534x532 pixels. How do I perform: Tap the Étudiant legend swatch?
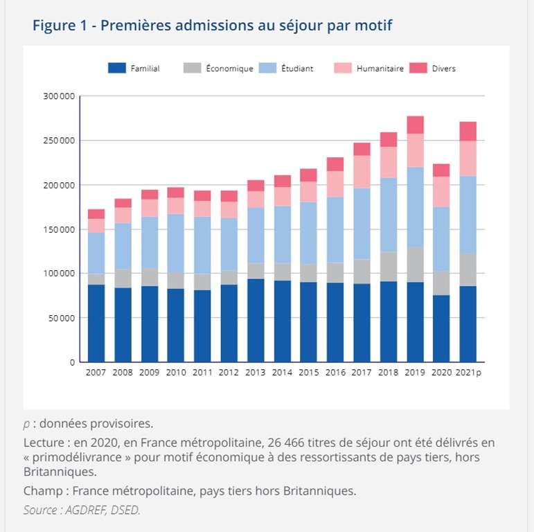pyautogui.click(x=268, y=69)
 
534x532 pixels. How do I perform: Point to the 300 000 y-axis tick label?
pyautogui.click(x=58, y=96)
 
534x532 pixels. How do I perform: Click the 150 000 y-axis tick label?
pyautogui.click(x=58, y=229)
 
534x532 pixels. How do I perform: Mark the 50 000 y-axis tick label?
pyautogui.click(x=61, y=318)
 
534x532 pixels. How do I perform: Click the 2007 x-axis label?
pyautogui.click(x=96, y=372)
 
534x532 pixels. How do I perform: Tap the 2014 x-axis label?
pyautogui.click(x=282, y=372)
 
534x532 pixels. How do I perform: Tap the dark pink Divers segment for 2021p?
pyautogui.click(x=468, y=132)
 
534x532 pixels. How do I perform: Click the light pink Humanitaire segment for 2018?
pyautogui.click(x=389, y=162)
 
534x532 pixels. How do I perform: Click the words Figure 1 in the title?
pyautogui.click(x=62, y=26)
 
